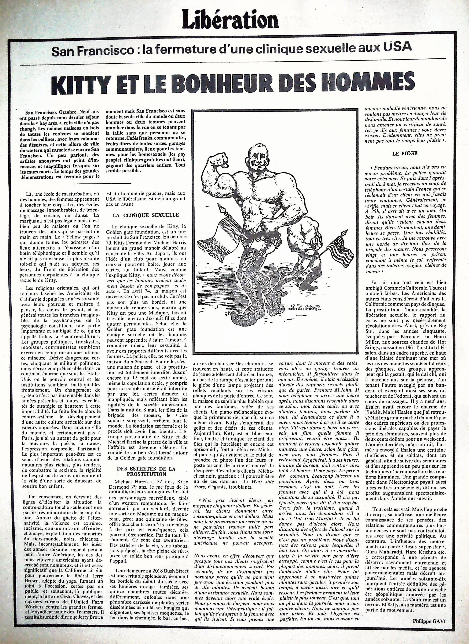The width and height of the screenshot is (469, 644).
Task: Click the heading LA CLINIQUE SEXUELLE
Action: [145, 215]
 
